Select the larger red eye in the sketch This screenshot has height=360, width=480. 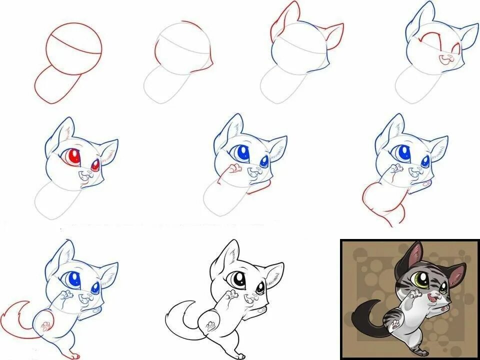72,157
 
